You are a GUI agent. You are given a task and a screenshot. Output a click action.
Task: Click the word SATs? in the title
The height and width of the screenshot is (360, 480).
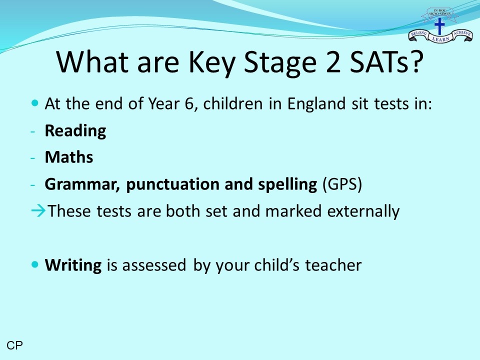point(387,61)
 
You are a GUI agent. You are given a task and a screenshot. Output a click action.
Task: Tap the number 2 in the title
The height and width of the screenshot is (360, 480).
point(333,62)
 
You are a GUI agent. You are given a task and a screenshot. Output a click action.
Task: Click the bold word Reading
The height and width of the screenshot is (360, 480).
point(75,131)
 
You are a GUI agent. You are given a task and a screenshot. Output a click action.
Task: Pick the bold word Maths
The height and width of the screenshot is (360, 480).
point(69,157)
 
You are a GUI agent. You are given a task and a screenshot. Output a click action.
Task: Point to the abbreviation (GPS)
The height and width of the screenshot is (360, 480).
point(342,184)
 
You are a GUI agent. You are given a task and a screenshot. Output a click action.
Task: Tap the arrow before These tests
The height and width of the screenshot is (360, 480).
point(38,211)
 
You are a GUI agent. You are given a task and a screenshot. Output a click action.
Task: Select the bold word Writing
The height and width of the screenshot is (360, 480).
point(73,265)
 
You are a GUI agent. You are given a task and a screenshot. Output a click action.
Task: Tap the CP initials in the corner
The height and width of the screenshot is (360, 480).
point(14,345)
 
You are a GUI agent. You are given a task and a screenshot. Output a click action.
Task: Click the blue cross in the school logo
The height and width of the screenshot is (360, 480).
point(439,26)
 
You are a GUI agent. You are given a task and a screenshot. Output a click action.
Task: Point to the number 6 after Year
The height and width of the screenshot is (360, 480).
point(189,104)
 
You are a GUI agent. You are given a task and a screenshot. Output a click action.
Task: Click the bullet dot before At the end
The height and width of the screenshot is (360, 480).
point(35,102)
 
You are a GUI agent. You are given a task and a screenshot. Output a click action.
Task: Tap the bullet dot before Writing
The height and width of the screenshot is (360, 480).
point(35,264)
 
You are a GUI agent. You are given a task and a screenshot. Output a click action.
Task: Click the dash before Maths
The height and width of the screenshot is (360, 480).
point(33,158)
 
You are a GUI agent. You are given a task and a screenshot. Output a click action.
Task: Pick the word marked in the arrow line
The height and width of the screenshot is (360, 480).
point(293,211)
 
